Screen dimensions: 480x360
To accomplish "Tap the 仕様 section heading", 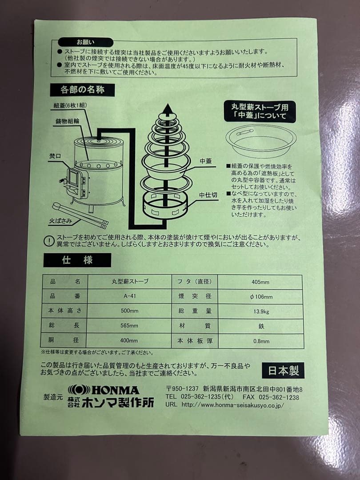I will [x=77, y=260].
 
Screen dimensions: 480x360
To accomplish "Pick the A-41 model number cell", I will [x=129, y=296].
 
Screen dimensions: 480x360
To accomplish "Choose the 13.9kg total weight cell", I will [x=260, y=311].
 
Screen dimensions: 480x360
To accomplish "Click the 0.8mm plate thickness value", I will [x=261, y=341].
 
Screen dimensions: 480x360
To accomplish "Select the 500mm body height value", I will [x=129, y=311].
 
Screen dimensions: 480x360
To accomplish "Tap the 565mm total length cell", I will [x=129, y=326].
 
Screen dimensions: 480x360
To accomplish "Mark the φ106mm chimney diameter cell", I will [x=262, y=296].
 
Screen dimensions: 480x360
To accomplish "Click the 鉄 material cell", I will [x=261, y=326].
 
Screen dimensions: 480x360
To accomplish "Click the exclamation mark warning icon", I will [x=48, y=241].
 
